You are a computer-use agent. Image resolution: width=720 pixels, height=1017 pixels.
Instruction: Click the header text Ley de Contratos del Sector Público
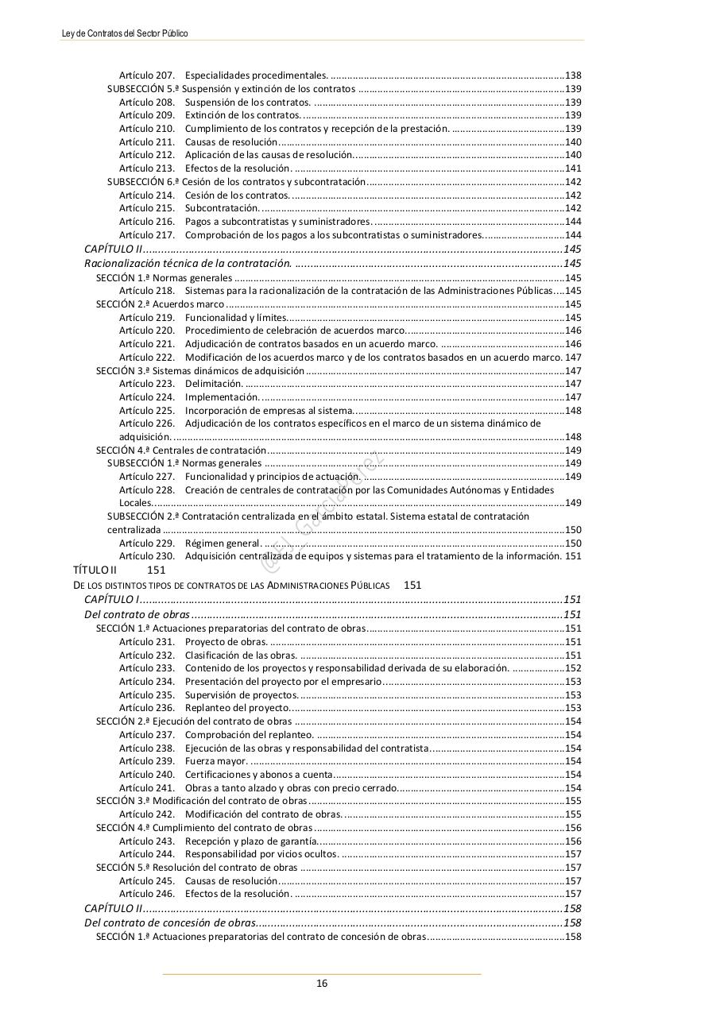tap(125, 33)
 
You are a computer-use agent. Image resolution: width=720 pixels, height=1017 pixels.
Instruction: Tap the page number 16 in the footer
tap(322, 983)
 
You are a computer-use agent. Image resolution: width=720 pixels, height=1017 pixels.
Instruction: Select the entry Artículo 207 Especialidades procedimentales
tap(223, 75)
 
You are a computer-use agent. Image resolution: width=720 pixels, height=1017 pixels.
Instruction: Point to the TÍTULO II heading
tap(95, 570)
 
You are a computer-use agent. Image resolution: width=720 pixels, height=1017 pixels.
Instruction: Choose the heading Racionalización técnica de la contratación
tap(188, 263)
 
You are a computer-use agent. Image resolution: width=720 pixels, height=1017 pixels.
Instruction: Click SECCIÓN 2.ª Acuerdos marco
tap(160, 304)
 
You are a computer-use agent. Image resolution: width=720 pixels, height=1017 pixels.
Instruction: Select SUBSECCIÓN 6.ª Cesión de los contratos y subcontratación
tap(236, 182)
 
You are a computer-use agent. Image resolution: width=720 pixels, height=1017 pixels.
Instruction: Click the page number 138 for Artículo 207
tap(572, 75)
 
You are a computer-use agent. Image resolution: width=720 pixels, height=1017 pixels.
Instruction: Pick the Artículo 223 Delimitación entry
tap(181, 384)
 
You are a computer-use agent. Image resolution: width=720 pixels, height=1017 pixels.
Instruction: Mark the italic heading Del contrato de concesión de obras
tap(170, 922)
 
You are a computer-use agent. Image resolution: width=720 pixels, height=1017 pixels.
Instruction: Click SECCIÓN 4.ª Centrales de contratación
tap(181, 450)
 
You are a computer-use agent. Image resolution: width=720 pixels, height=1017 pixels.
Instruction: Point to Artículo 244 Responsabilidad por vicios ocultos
tap(228, 854)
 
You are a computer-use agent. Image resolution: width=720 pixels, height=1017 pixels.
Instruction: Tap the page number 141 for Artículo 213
tap(572, 168)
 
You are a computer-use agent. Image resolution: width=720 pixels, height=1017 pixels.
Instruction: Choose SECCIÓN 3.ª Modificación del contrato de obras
tap(201, 801)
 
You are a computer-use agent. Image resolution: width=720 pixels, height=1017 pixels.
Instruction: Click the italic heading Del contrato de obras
tap(137, 614)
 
